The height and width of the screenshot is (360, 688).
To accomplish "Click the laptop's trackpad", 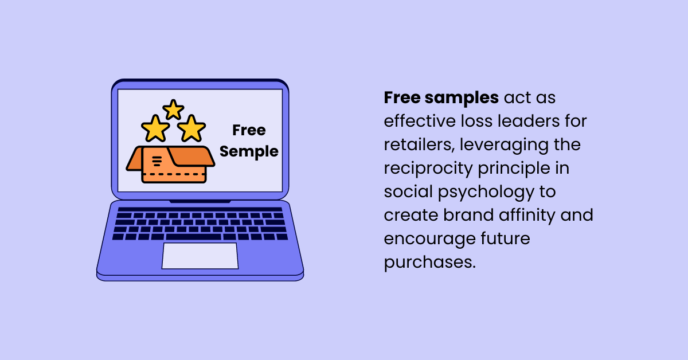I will click(x=200, y=256).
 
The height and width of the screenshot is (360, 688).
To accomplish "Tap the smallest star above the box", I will click(x=173, y=109).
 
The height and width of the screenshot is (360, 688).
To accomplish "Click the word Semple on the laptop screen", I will click(x=249, y=151).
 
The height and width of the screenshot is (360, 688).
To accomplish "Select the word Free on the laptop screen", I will click(x=249, y=131).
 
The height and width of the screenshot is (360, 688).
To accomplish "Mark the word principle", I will click(x=525, y=169).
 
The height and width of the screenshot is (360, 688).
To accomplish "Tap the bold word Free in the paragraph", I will click(x=402, y=98).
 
